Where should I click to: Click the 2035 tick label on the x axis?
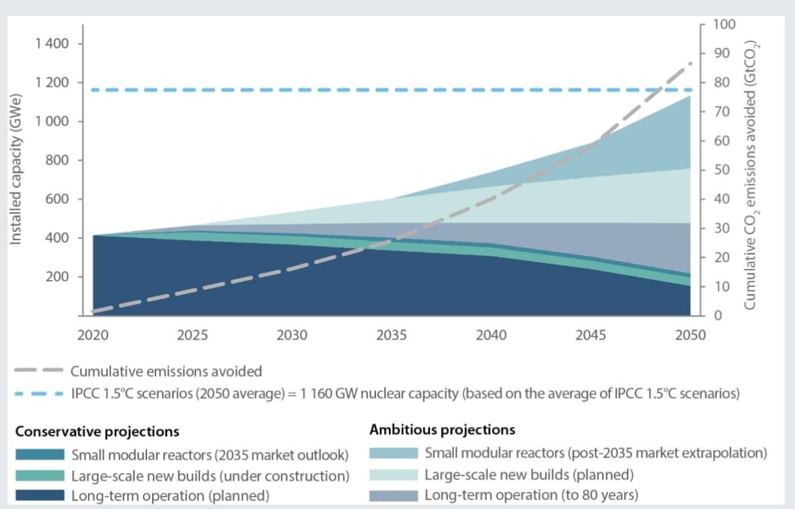coord(392,335)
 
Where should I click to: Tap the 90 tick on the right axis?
coord(719,54)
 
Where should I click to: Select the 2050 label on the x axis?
coord(691,335)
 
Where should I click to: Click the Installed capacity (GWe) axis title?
coord(16,170)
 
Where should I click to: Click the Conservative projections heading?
coord(97,432)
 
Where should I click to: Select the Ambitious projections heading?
coord(442,430)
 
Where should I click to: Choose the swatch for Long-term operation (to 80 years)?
coord(394,495)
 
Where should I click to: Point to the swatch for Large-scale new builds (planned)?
coord(394,474)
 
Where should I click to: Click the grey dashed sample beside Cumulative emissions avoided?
coord(39,371)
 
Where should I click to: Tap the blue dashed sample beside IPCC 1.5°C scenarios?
coord(39,394)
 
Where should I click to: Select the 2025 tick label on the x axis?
coord(192,335)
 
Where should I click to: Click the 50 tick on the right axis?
coord(719,170)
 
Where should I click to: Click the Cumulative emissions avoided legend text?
coord(166,371)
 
